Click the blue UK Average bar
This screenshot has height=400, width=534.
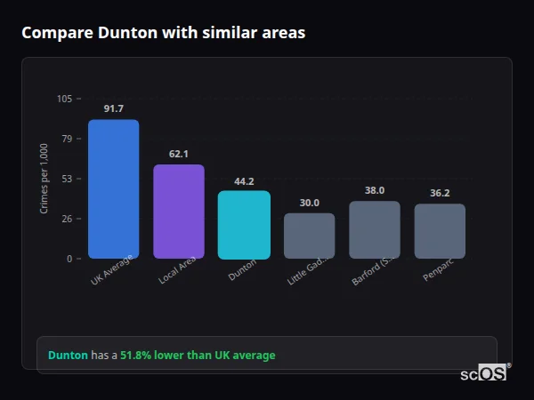pos(113,189)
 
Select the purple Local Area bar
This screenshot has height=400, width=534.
pos(179,212)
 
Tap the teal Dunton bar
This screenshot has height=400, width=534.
pos(244,225)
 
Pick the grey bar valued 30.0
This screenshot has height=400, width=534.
pos(309,236)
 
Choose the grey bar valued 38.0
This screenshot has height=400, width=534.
pos(375,229)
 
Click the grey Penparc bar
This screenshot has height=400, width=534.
pos(440,231)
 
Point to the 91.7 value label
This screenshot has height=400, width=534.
pos(113,108)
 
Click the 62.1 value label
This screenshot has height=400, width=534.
pos(179,154)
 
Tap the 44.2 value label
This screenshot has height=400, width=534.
pos(244,181)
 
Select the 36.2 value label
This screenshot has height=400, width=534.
pos(440,193)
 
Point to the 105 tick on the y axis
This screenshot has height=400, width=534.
pos(64,99)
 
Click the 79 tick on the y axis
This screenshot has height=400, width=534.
pos(67,139)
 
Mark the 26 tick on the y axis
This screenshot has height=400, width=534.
pos(67,219)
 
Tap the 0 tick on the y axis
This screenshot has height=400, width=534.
pos(69,259)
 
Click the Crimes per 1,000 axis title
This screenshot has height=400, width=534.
pos(44,179)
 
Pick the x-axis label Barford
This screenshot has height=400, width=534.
pos(372,272)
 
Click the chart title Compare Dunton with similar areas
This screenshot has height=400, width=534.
pos(163,33)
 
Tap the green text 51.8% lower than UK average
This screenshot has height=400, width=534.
pos(198,356)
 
